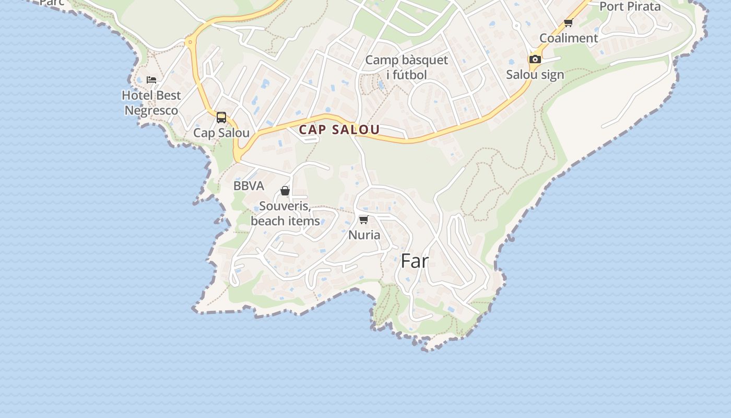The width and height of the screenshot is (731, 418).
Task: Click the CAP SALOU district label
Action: click(339, 130)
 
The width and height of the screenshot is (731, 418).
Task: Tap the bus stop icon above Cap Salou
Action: click(221, 117)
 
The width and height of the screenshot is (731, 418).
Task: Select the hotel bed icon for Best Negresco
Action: click(151, 79)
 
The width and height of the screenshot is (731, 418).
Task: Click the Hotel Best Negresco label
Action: click(151, 103)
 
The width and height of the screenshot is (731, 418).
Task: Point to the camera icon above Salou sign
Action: click(535, 60)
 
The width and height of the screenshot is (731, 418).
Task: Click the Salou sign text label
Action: click(535, 75)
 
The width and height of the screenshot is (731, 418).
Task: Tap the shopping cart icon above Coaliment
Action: click(568, 22)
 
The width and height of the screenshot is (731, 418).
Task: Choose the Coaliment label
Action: click(569, 38)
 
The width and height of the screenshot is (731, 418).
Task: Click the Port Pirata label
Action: click(630, 7)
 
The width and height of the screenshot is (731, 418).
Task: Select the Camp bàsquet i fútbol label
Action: click(406, 67)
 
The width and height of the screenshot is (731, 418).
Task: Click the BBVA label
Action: click(249, 186)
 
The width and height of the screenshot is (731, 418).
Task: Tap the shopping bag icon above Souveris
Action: click(285, 191)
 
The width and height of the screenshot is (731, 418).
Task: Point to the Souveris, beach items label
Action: click(285, 213)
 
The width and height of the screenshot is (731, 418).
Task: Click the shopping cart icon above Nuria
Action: click(364, 219)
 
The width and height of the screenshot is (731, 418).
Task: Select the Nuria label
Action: click(364, 235)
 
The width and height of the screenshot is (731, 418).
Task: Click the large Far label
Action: click(415, 261)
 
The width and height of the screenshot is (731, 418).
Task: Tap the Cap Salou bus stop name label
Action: click(221, 133)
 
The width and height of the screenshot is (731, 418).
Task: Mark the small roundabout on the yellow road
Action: click(191, 42)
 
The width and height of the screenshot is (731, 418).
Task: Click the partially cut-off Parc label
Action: click(52, 3)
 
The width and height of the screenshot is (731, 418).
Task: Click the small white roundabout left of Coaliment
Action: click(516, 25)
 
